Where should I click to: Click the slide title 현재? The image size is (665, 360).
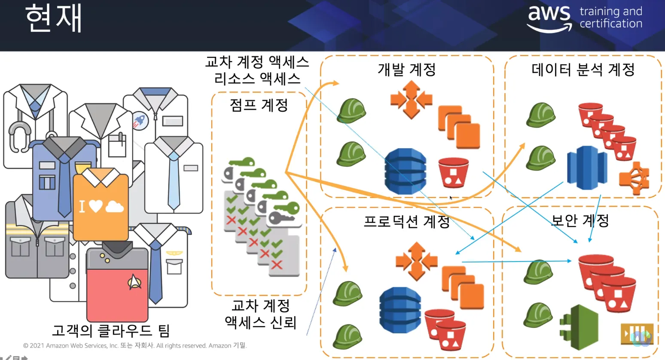[x=53, y=19]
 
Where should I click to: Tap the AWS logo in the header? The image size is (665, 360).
[x=549, y=18]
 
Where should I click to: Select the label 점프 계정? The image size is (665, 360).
[x=259, y=105]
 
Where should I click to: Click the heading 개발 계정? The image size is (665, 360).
[x=406, y=69]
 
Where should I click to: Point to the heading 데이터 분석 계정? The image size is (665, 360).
[x=583, y=69]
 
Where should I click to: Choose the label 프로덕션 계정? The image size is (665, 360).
[x=406, y=221]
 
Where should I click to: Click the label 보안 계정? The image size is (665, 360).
[x=580, y=220]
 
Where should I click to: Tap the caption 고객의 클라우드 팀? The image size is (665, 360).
[x=111, y=331]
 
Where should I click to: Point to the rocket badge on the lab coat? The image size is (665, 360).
[x=140, y=121]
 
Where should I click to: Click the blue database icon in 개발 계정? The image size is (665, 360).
[x=405, y=171]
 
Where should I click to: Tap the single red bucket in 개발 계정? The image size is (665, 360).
[x=453, y=173]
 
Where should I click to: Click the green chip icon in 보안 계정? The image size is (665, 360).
[x=580, y=327]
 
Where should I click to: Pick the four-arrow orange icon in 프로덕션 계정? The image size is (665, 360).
[x=416, y=261]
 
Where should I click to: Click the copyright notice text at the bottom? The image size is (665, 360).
[x=134, y=345]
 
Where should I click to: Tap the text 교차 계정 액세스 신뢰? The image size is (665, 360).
[x=260, y=314]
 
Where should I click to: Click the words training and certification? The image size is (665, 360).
[x=610, y=18]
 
